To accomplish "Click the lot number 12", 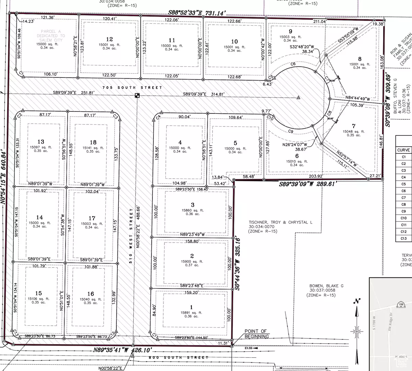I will [x=109, y=39].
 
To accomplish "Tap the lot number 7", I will [x=354, y=126].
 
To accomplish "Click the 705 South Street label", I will [x=132, y=87].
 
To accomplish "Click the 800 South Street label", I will [x=179, y=357].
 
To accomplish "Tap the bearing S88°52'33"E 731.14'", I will [x=197, y=13].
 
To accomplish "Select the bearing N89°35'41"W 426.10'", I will [x=123, y=350].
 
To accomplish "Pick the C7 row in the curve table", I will [x=403, y=198].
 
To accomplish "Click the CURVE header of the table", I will [x=403, y=150].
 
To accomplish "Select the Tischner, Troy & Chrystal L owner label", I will [x=281, y=222].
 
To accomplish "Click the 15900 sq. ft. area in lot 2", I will [x=192, y=261].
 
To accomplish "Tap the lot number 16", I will [x=91, y=294].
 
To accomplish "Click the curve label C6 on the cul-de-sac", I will [x=293, y=64].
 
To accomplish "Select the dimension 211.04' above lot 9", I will [x=320, y=22].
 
